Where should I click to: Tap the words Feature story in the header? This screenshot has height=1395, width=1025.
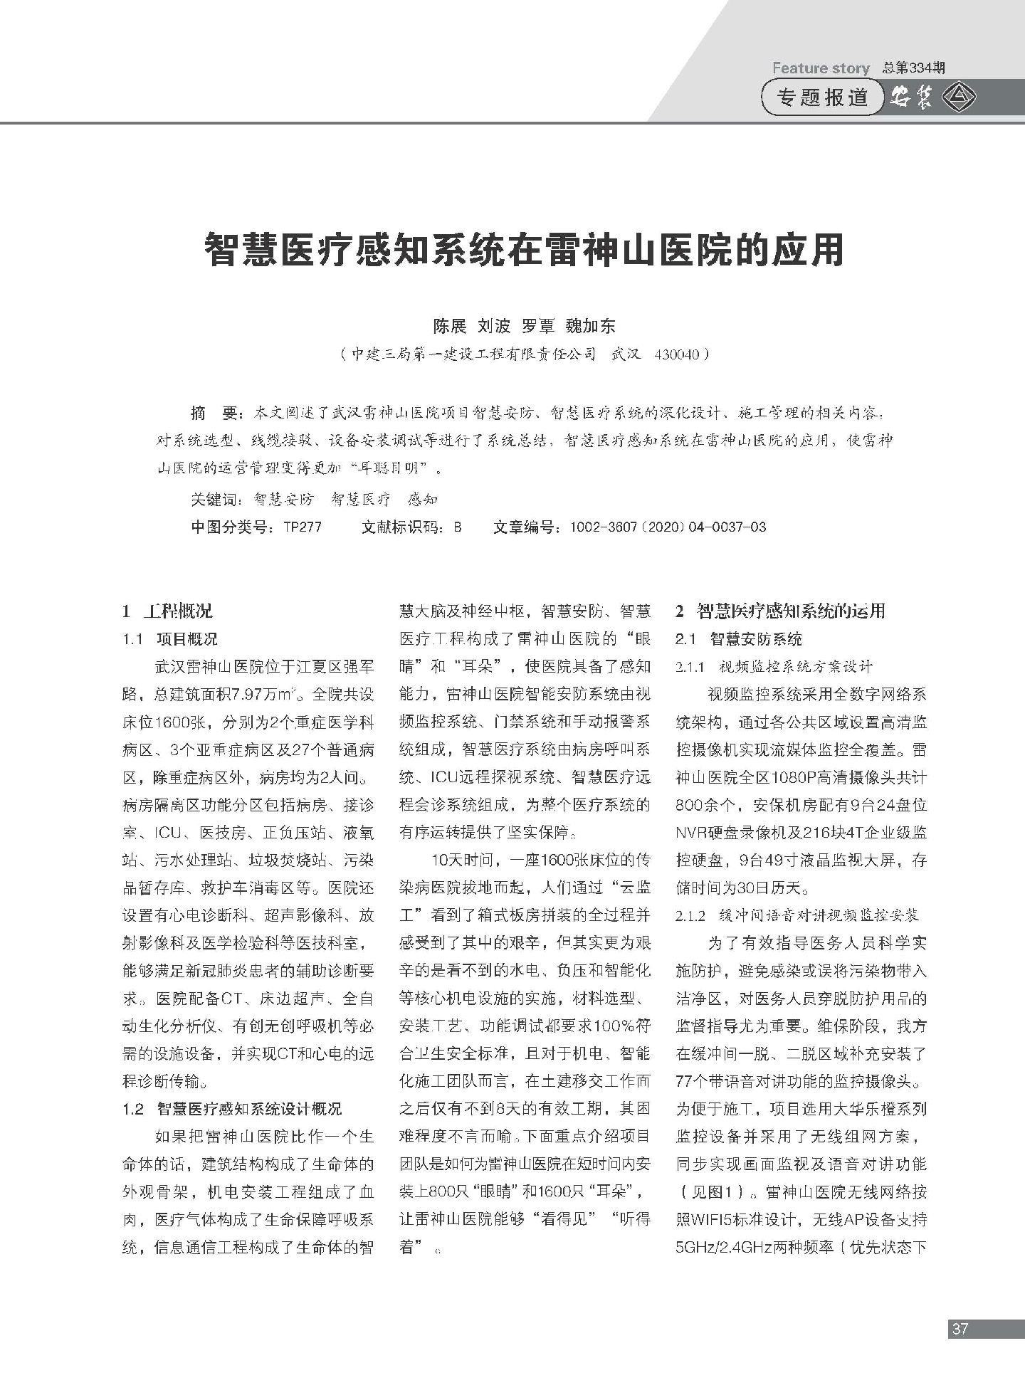pos(821,68)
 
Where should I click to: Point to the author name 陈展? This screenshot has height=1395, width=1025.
pos(450,327)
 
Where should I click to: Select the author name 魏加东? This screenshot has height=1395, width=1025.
pos(590,327)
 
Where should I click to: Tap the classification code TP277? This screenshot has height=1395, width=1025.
pos(302,527)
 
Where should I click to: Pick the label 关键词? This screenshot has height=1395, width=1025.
pos(216,500)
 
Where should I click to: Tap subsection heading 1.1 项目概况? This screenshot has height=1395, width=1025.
pos(170,638)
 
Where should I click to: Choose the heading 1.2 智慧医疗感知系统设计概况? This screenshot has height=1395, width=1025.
pos(232,1109)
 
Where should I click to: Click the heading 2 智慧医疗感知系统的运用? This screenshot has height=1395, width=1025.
pos(780,611)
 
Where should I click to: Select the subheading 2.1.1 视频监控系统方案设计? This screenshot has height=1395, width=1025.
pos(774,667)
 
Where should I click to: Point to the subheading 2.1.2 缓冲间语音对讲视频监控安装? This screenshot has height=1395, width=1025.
pos(797,915)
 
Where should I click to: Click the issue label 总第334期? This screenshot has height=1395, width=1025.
pos(913,68)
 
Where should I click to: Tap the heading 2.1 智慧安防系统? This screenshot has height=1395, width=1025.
pos(738,638)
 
